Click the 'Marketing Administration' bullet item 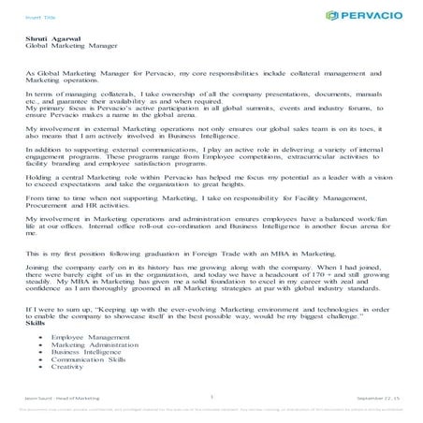(x=97, y=343)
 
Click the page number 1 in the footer (x=213, y=395)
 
